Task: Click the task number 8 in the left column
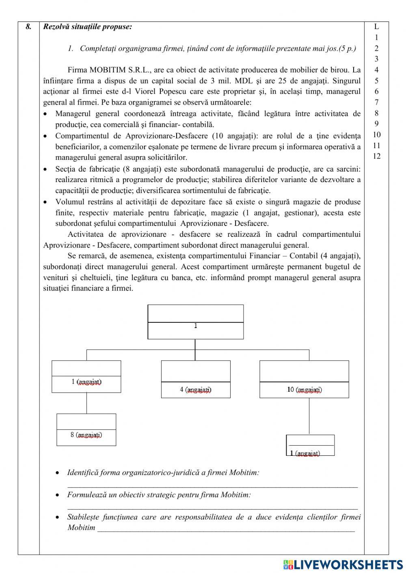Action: coord(28,27)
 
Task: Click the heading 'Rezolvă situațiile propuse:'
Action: coord(87,27)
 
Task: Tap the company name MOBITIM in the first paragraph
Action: coord(108,70)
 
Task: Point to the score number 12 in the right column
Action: coord(376,157)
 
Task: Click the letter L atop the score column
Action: coord(376,27)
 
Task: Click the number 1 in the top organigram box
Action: coord(196,326)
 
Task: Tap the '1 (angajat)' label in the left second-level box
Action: coord(86,382)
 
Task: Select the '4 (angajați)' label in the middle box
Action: coord(196,390)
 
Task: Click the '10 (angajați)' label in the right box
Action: coord(304,390)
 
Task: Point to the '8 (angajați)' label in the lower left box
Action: coord(86,435)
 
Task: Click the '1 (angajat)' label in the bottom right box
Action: coord(305,453)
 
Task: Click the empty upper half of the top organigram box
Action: coord(196,313)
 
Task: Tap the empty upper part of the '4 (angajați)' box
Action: coord(196,371)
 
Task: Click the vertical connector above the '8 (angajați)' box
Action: coord(86,403)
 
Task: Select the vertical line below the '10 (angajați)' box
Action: coord(309,416)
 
